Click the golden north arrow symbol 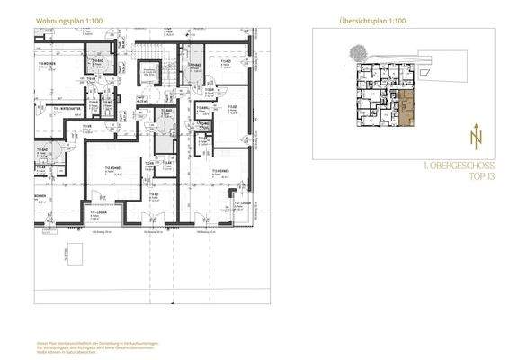point(472,136)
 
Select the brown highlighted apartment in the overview point(409,108)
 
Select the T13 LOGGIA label point(242,204)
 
